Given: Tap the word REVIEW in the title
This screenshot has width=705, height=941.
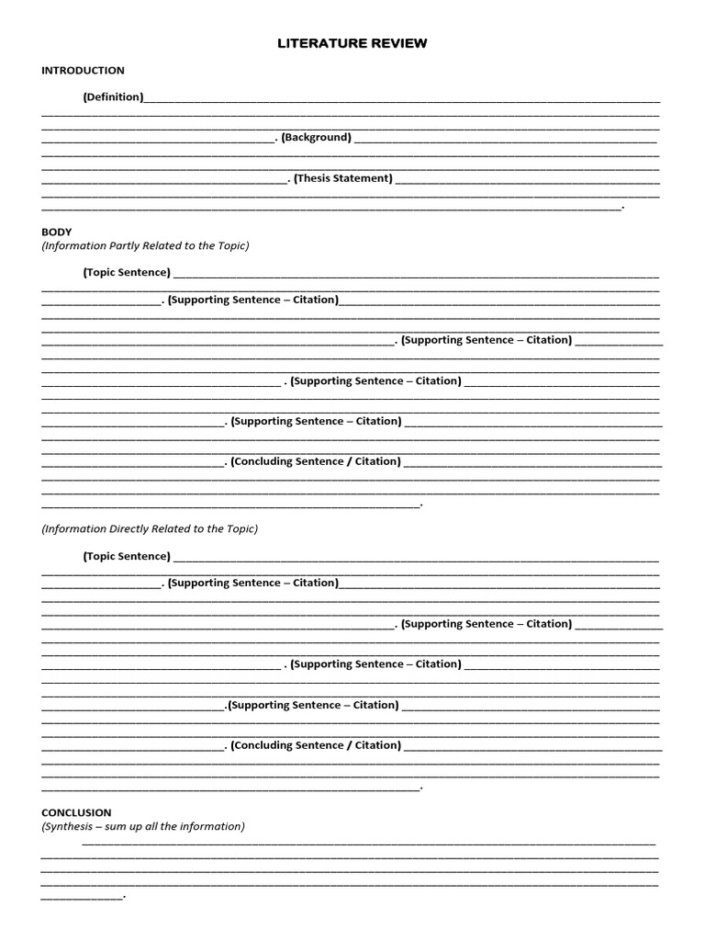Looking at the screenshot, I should [396, 43].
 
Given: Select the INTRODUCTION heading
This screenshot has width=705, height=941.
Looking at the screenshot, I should [83, 71].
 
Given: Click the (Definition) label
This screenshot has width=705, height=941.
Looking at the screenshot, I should [113, 96].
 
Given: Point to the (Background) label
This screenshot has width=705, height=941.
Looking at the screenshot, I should [316, 137].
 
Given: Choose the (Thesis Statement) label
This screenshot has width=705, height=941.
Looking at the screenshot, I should [343, 178].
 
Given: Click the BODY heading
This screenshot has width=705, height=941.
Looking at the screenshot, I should [56, 232].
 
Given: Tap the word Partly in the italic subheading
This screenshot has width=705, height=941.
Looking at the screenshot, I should [127, 246].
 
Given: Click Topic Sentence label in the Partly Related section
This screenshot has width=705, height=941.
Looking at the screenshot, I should [127, 272].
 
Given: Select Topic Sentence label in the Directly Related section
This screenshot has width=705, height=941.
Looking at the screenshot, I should [127, 556].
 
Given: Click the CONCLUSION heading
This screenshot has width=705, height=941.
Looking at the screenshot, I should [76, 812].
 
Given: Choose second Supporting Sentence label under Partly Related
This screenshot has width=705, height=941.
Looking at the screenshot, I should [487, 340].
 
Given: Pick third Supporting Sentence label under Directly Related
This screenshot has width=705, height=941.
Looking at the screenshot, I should [375, 664].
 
